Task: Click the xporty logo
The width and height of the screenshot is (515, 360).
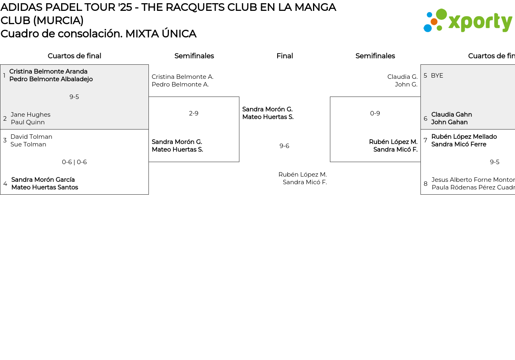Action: point(468,21)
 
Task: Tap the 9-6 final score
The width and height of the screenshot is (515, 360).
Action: point(284,146)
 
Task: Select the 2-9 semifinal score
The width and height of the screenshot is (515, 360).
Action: point(194,113)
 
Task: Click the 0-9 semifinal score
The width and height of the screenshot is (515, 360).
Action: point(375,113)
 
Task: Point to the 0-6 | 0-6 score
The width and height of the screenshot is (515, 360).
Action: point(74,162)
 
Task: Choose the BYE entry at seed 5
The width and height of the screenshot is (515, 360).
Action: point(437,76)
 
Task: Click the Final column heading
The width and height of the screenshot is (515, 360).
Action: point(284,56)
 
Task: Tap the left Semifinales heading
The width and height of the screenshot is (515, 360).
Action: point(194,56)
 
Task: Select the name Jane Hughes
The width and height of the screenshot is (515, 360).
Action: point(31,115)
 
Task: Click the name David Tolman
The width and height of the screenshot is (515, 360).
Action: point(31,137)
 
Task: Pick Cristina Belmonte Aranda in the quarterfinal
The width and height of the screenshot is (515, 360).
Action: point(48,72)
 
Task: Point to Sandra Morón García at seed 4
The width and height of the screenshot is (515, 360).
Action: point(43,180)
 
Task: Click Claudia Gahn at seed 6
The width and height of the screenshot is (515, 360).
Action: point(451,115)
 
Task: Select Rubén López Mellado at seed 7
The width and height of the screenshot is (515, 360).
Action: point(464,137)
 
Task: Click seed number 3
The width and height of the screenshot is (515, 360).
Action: point(5,140)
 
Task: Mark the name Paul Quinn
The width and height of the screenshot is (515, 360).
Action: point(28,122)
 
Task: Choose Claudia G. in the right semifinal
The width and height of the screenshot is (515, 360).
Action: point(402,77)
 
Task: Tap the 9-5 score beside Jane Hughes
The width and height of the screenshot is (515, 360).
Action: point(74,97)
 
